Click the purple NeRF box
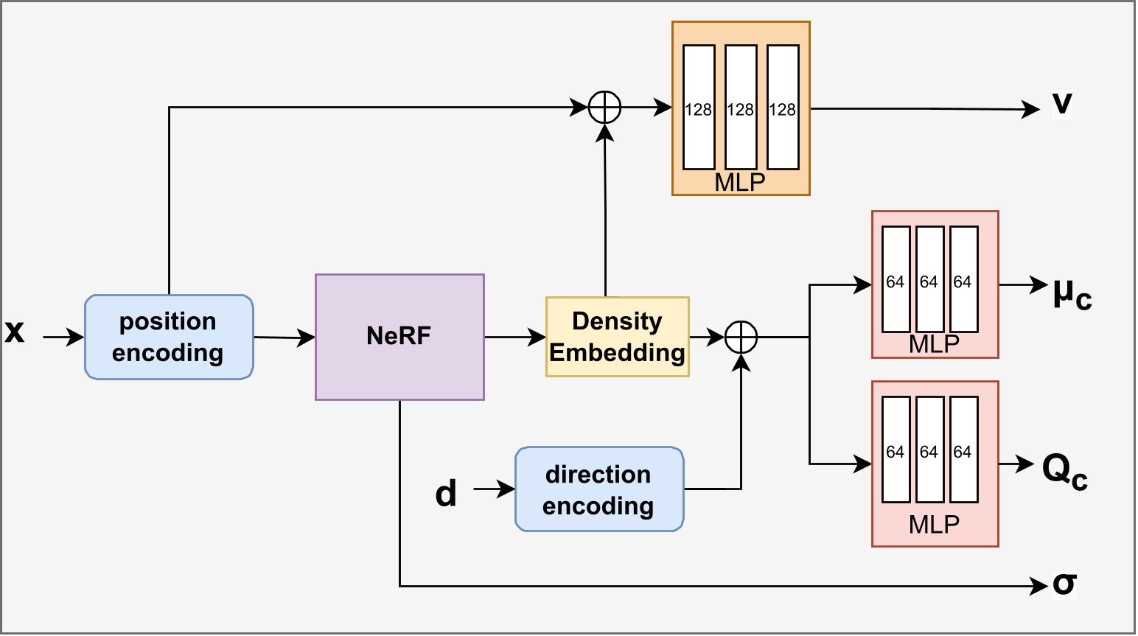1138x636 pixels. click(x=399, y=337)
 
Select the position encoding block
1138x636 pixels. click(x=169, y=337)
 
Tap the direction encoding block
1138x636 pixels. click(x=598, y=489)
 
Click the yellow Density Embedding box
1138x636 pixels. click(x=617, y=337)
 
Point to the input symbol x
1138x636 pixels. click(x=15, y=332)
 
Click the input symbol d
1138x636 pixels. click(x=446, y=492)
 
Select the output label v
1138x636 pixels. click(x=1061, y=103)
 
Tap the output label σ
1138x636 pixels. click(x=1064, y=584)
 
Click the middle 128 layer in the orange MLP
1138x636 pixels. click(x=741, y=108)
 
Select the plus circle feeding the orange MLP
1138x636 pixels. click(x=604, y=108)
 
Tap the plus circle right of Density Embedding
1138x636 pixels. click(x=741, y=338)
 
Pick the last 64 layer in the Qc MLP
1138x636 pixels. click(x=963, y=450)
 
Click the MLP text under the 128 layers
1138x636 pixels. click(x=740, y=182)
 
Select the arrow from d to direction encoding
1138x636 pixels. click(x=494, y=489)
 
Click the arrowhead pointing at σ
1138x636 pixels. click(x=1039, y=587)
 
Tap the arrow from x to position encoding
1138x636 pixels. click(x=63, y=338)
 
